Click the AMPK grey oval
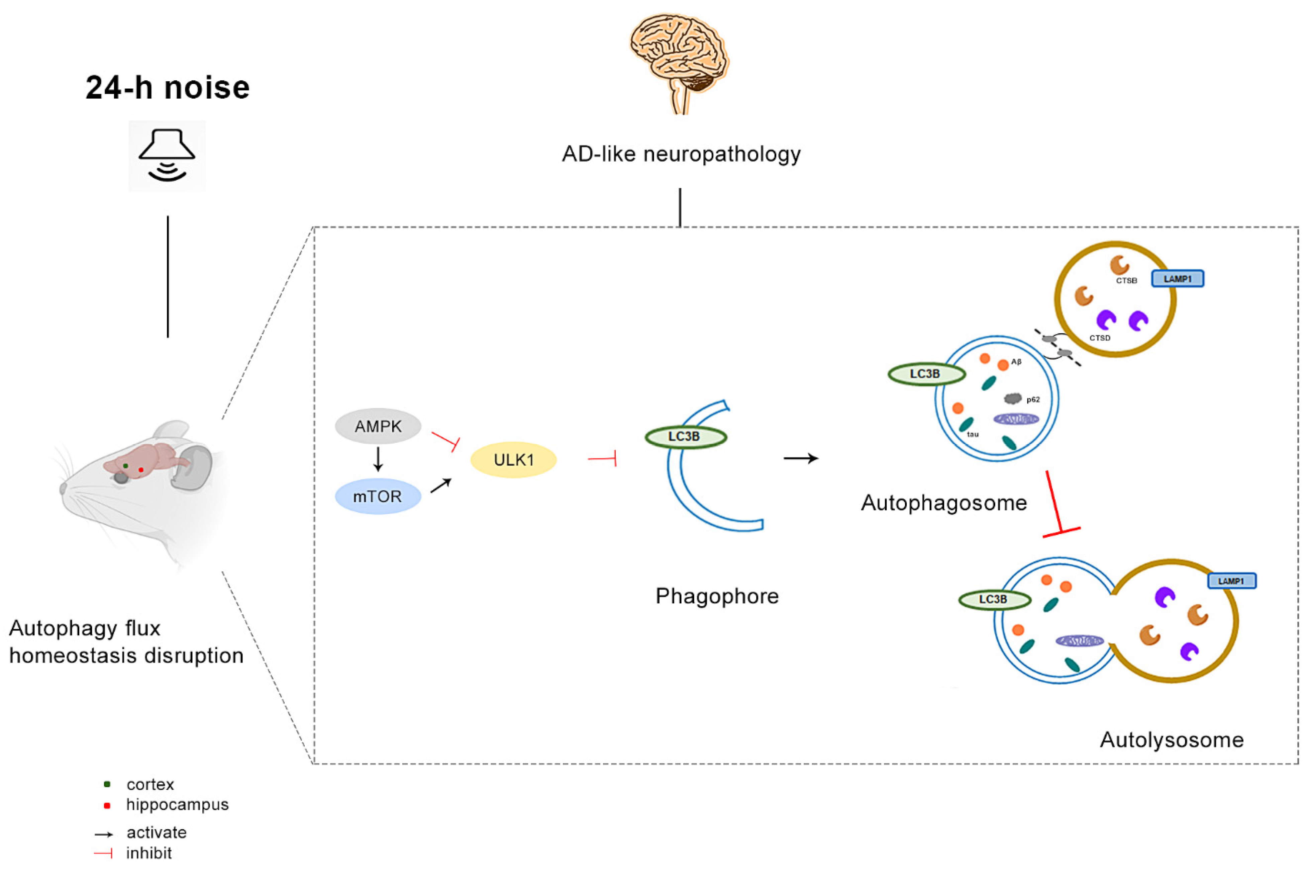(x=378, y=427)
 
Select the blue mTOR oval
(x=378, y=496)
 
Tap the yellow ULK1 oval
(x=513, y=460)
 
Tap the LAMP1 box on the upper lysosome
(x=1178, y=279)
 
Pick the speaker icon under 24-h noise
(x=167, y=156)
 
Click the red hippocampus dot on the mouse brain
(x=141, y=470)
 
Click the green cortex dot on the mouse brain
(x=126, y=465)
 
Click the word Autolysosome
(x=1172, y=739)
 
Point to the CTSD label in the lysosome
(x=1099, y=338)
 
